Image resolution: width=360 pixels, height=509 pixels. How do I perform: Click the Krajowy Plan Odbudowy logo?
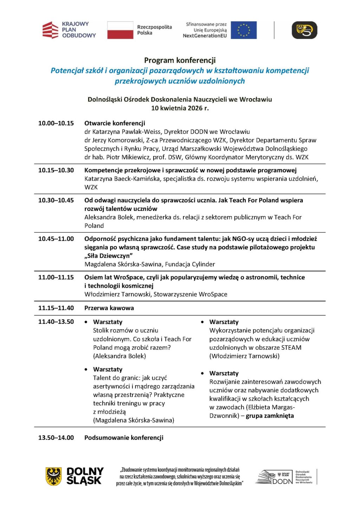click(x=69, y=30)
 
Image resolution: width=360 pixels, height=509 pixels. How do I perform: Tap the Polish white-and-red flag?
click(x=120, y=30)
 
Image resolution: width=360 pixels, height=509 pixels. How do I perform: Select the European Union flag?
click(x=243, y=30)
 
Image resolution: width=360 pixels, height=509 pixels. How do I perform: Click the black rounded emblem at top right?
click(x=304, y=30)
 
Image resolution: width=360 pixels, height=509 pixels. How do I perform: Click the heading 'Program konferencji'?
click(x=180, y=60)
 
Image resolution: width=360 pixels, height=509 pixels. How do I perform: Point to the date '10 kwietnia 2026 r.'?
click(x=180, y=108)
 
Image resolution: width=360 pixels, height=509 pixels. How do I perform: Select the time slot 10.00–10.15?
click(x=56, y=123)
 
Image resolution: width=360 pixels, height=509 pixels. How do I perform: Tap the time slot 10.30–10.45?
click(x=56, y=200)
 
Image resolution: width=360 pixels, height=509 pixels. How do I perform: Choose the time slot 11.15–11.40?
click(x=56, y=308)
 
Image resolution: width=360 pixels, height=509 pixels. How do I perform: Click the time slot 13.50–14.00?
click(x=56, y=438)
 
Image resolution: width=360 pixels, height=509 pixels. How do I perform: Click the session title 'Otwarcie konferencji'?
click(x=115, y=123)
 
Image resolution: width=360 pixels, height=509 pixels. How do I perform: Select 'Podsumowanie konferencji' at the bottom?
click(x=124, y=438)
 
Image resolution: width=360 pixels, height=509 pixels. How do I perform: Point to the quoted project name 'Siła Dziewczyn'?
click(x=109, y=256)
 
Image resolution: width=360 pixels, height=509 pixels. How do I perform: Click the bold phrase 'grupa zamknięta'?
click(x=270, y=415)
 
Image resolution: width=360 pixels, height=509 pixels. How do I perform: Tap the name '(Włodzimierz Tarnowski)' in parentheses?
click(x=244, y=356)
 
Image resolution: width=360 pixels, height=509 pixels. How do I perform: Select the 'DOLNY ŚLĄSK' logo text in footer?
click(x=85, y=476)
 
